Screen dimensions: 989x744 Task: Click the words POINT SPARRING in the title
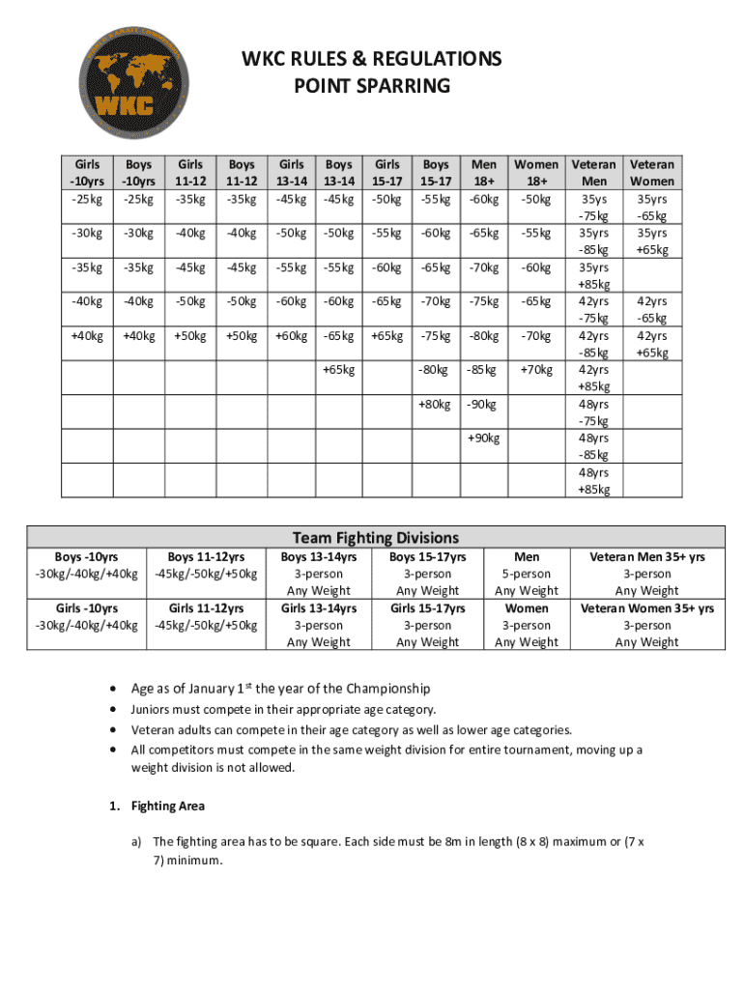click(x=372, y=86)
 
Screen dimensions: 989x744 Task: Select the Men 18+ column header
click(x=483, y=173)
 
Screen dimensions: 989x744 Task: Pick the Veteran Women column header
click(x=652, y=173)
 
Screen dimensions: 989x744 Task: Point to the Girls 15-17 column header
click(x=387, y=173)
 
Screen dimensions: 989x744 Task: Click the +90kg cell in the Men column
click(x=483, y=438)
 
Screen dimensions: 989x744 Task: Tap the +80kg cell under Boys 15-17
click(x=435, y=405)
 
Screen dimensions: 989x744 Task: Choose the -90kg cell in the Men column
click(x=483, y=405)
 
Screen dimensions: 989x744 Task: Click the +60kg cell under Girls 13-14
click(x=291, y=336)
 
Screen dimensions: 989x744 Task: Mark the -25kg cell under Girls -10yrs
click(x=87, y=200)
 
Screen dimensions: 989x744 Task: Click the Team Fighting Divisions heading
click(x=376, y=538)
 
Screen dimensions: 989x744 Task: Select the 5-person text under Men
click(x=527, y=574)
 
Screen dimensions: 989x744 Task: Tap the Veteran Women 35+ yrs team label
click(x=646, y=608)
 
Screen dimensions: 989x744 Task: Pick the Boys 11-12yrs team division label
click(x=206, y=557)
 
